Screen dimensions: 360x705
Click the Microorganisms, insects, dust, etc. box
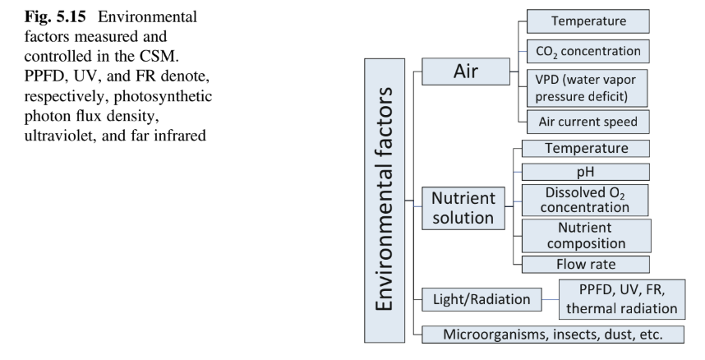click(551, 334)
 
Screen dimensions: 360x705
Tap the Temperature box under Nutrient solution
click(585, 149)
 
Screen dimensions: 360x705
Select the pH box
click(585, 172)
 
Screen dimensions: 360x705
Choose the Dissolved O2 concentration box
click(585, 201)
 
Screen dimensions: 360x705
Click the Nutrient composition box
click(585, 237)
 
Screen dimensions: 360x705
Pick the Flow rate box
click(585, 265)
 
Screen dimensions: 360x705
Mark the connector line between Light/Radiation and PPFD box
click(549, 300)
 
